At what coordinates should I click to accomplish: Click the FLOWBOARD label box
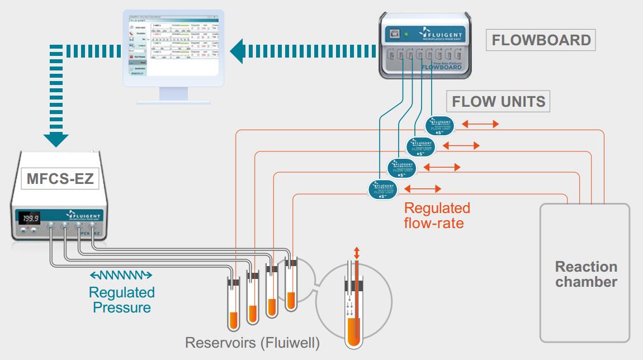541,40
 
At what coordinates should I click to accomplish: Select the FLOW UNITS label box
499,102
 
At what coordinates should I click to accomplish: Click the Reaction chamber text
586,274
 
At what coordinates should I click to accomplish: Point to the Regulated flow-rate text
437,215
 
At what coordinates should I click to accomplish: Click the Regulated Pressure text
121,299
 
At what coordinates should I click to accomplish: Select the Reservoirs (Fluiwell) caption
253,343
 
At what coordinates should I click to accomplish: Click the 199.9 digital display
30,218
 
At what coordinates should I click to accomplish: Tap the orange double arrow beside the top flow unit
480,124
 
